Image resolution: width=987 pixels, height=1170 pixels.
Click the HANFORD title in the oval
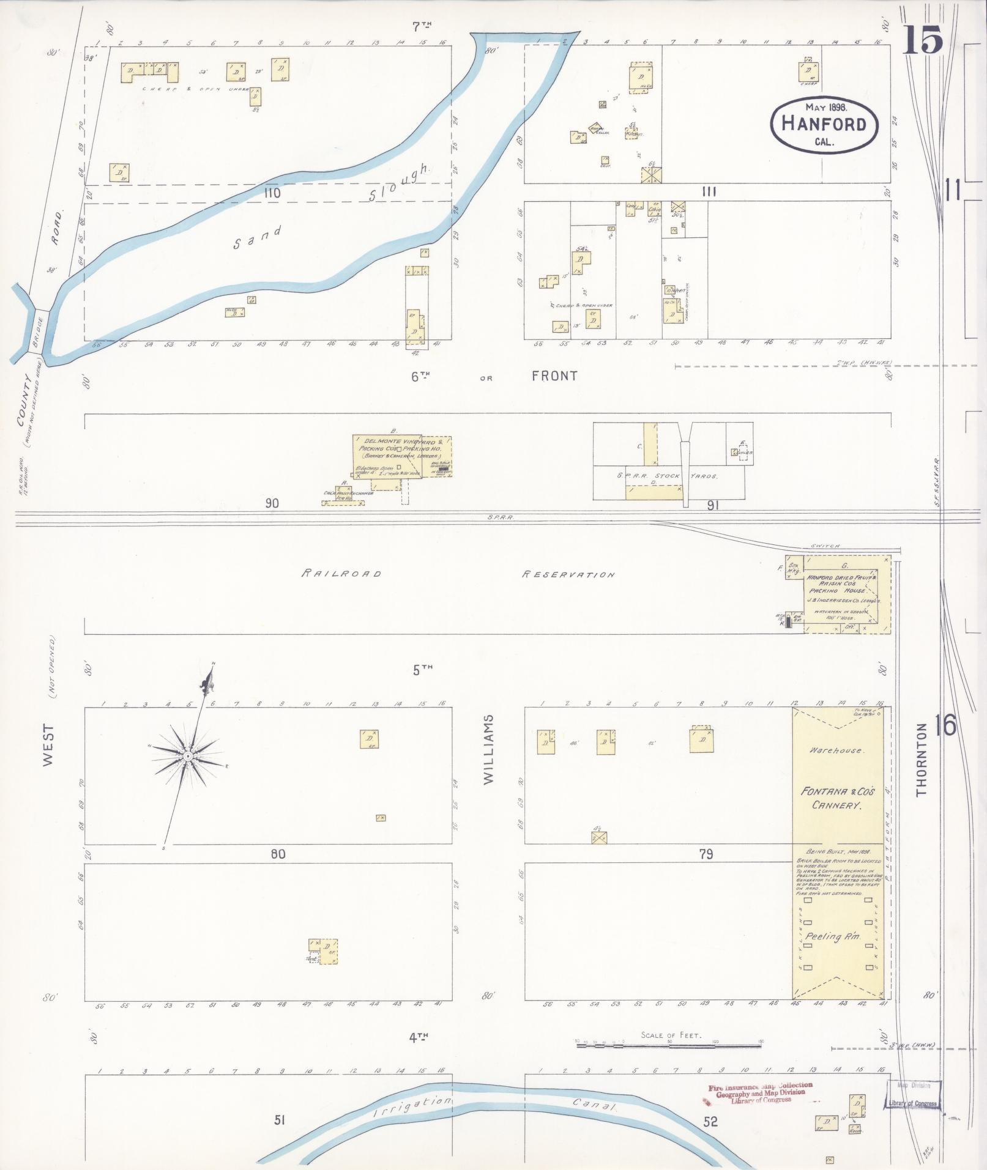(824, 124)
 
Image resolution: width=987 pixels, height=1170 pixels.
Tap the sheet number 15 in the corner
(922, 41)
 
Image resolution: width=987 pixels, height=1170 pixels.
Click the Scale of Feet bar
(671, 1046)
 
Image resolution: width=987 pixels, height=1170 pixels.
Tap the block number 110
(272, 193)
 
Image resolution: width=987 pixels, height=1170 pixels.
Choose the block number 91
(712, 505)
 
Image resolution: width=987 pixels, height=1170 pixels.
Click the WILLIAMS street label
(488, 749)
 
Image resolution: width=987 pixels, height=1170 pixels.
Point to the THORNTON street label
(922, 760)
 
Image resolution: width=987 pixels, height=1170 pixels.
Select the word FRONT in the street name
(554, 376)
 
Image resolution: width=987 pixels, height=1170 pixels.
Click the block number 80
(278, 853)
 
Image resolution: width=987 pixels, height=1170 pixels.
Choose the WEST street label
(48, 745)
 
